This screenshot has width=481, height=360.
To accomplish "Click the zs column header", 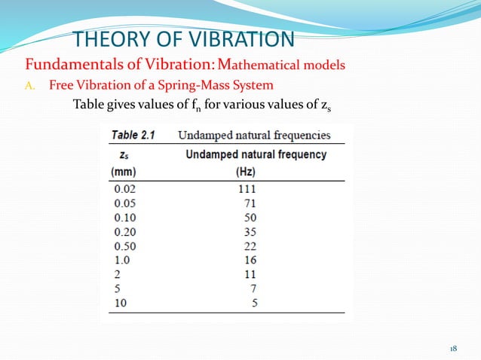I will click(x=123, y=154).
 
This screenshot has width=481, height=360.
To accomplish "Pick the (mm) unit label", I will click(x=123, y=171).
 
